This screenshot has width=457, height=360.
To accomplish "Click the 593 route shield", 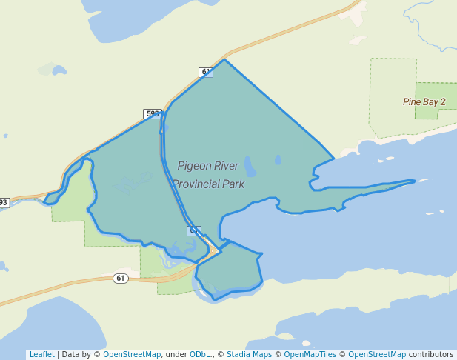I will pos(153,114).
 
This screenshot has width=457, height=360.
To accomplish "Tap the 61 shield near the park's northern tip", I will pos(205,72).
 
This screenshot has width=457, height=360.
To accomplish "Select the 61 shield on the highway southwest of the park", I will pos(121,278).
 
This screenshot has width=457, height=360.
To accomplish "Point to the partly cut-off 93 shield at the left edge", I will pos(4,202).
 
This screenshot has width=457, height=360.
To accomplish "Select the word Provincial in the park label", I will pos(196,184).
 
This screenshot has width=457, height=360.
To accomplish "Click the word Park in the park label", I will pos(233,184).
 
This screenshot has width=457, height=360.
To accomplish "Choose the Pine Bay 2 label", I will pos(424,101).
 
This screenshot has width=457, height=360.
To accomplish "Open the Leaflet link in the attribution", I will pos(41,355).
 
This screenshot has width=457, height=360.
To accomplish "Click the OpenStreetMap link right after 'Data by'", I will pos(132,355).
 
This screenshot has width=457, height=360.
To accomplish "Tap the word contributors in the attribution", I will pos(431,355).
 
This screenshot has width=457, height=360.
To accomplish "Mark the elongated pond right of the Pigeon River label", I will pos(250,165).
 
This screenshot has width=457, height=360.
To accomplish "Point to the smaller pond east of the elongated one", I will pos(278,159).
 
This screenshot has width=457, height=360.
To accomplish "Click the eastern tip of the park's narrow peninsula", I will pos(414,180).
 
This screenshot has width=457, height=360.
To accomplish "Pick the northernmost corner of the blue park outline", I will pos(224,59).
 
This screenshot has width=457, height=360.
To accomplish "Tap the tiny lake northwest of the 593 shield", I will pos(59,70).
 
